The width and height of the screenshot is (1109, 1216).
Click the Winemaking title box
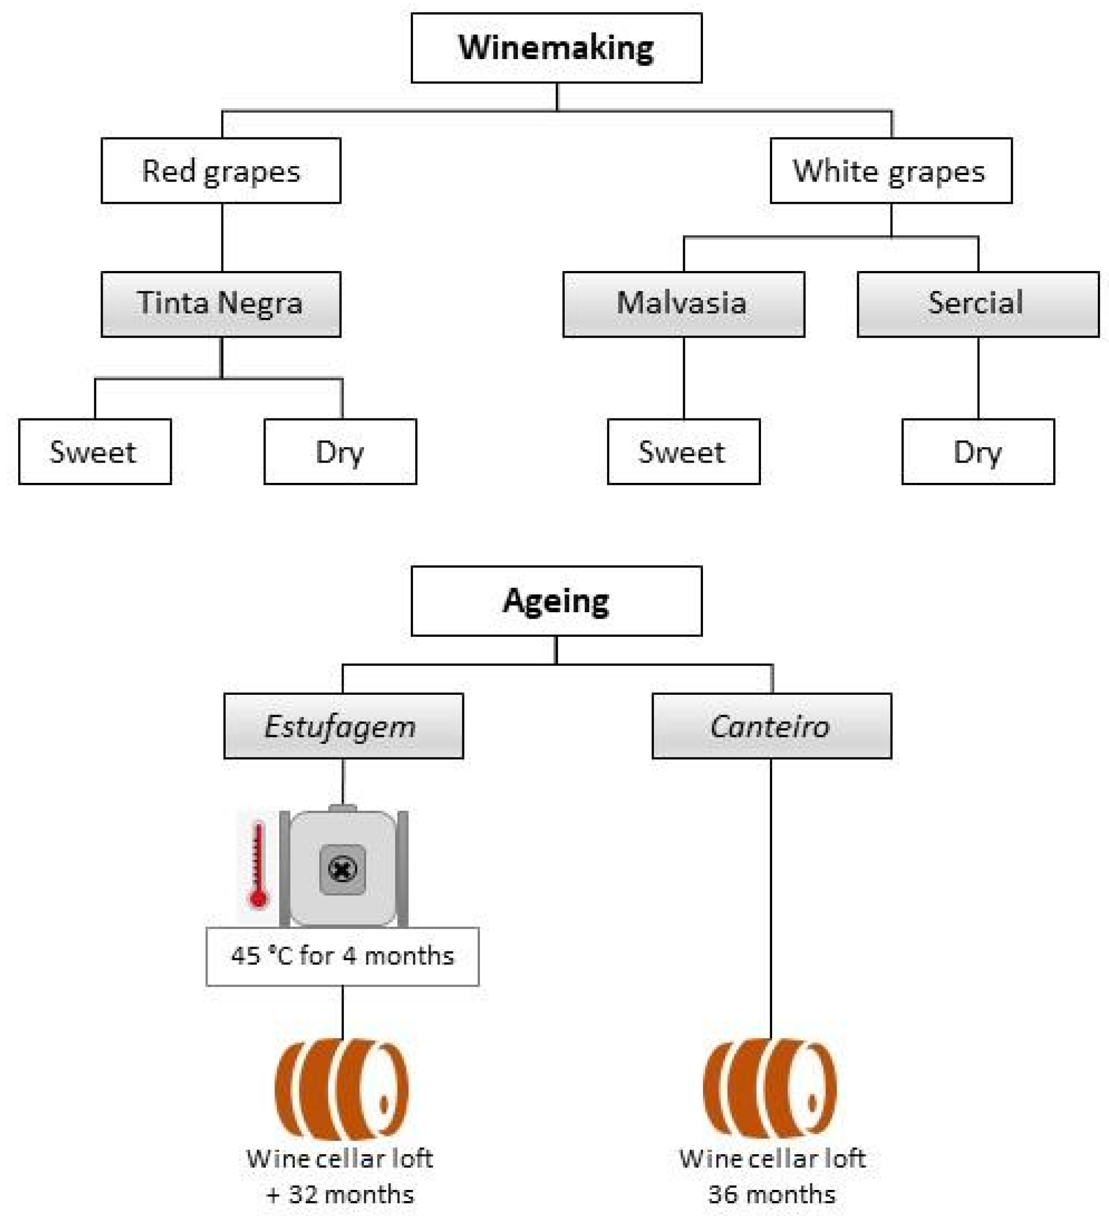coord(556,48)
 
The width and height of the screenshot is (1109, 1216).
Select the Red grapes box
coord(221,171)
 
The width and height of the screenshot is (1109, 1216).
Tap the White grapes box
coord(890,171)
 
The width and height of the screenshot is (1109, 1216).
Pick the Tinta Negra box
coord(221,303)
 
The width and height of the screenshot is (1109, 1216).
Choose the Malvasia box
coord(683,303)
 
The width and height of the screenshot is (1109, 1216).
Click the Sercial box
coord(977,303)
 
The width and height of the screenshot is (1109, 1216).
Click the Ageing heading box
coord(556,601)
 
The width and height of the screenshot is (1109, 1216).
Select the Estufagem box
coord(343,726)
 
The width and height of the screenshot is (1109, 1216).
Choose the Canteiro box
coord(771,726)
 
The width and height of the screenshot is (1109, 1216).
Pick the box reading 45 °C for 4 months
coord(342,956)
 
